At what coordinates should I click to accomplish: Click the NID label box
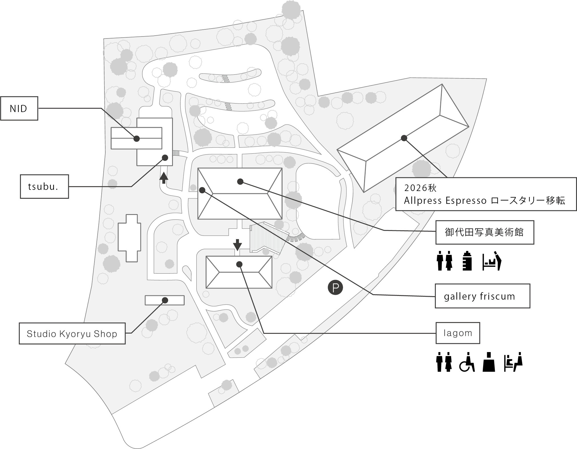pyautogui.click(x=19, y=109)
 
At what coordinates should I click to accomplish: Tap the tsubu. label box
pyautogui.click(x=44, y=187)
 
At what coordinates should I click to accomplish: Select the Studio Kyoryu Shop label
pyautogui.click(x=72, y=334)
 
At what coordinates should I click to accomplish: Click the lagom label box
pyautogui.click(x=458, y=333)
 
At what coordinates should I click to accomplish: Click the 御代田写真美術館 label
pyautogui.click(x=484, y=232)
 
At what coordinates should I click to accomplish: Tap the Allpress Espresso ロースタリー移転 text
pyautogui.click(x=484, y=201)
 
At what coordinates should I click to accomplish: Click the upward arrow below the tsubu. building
pyautogui.click(x=164, y=178)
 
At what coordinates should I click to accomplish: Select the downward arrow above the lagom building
pyautogui.click(x=237, y=244)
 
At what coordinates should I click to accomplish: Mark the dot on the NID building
pyautogui.click(x=137, y=139)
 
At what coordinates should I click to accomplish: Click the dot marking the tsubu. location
pyautogui.click(x=165, y=157)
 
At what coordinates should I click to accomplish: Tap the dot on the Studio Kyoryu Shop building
pyautogui.click(x=165, y=300)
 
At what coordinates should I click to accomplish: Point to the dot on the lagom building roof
pyautogui.click(x=239, y=264)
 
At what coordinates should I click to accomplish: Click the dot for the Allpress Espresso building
pyautogui.click(x=404, y=138)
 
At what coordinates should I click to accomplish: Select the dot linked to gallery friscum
pyautogui.click(x=202, y=190)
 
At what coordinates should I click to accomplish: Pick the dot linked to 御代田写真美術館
pyautogui.click(x=240, y=181)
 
